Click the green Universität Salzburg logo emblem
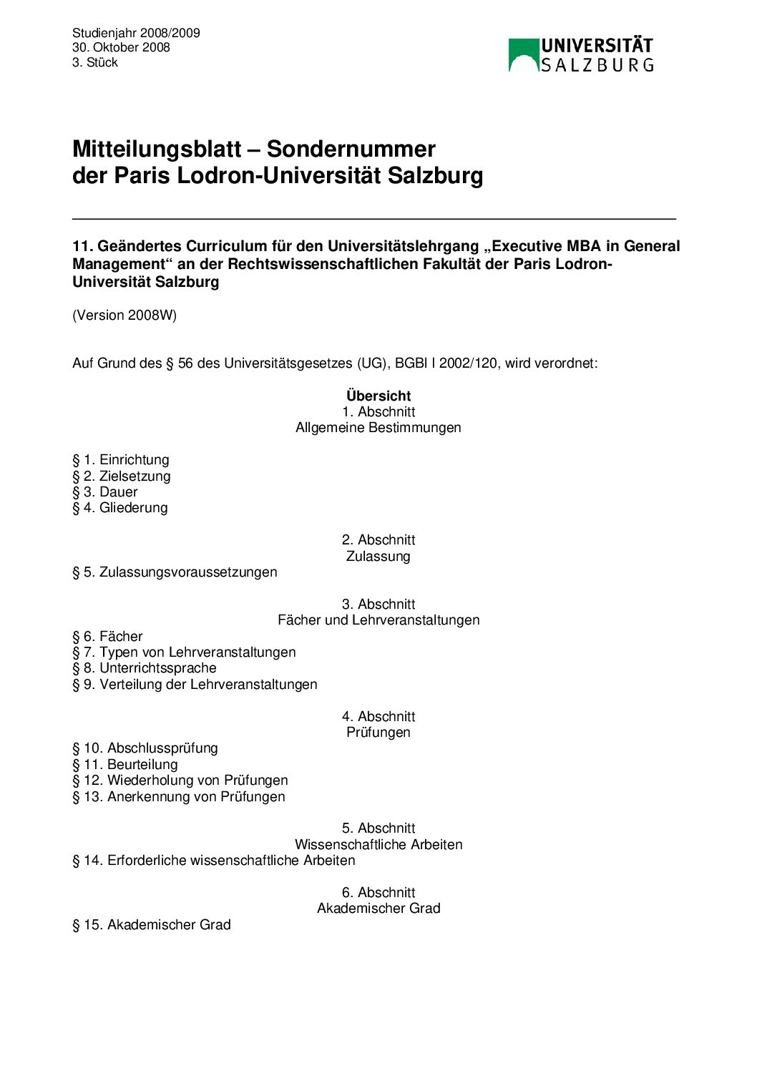coord(523,55)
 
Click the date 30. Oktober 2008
coord(121,47)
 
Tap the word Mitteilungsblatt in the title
coord(157,149)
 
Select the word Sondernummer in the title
coord(351,149)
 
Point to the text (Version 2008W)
coord(124,315)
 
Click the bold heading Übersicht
coord(378,396)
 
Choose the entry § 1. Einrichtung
coord(121,459)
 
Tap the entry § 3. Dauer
coord(104,492)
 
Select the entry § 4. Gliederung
coord(120,508)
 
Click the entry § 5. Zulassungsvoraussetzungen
coord(175,572)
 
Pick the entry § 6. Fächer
coord(107,636)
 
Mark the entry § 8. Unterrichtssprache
coord(145,668)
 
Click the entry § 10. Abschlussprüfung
coord(145,748)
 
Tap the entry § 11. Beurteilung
coord(125,764)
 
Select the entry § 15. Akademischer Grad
coord(152,924)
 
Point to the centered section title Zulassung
coord(378,556)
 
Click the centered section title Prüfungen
coord(378,732)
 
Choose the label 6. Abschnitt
coord(378,892)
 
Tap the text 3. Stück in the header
coord(95,62)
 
